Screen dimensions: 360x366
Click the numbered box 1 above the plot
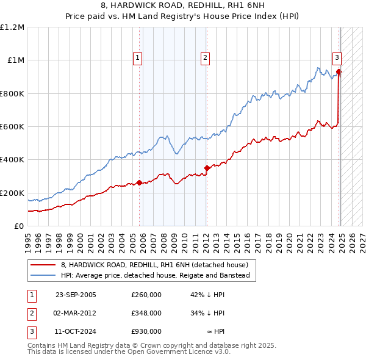click(137, 58)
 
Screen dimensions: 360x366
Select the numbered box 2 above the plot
click(205, 58)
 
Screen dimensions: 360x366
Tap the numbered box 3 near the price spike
click(337, 58)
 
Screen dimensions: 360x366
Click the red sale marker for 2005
click(140, 182)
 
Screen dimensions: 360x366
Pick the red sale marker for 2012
click(207, 168)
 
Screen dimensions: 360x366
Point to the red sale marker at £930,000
click(339, 71)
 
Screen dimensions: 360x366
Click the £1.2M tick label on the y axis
click(12, 27)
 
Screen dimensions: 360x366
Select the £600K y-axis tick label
click(12, 127)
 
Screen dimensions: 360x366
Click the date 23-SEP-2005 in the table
click(76, 295)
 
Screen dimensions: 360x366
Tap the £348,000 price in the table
click(146, 313)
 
